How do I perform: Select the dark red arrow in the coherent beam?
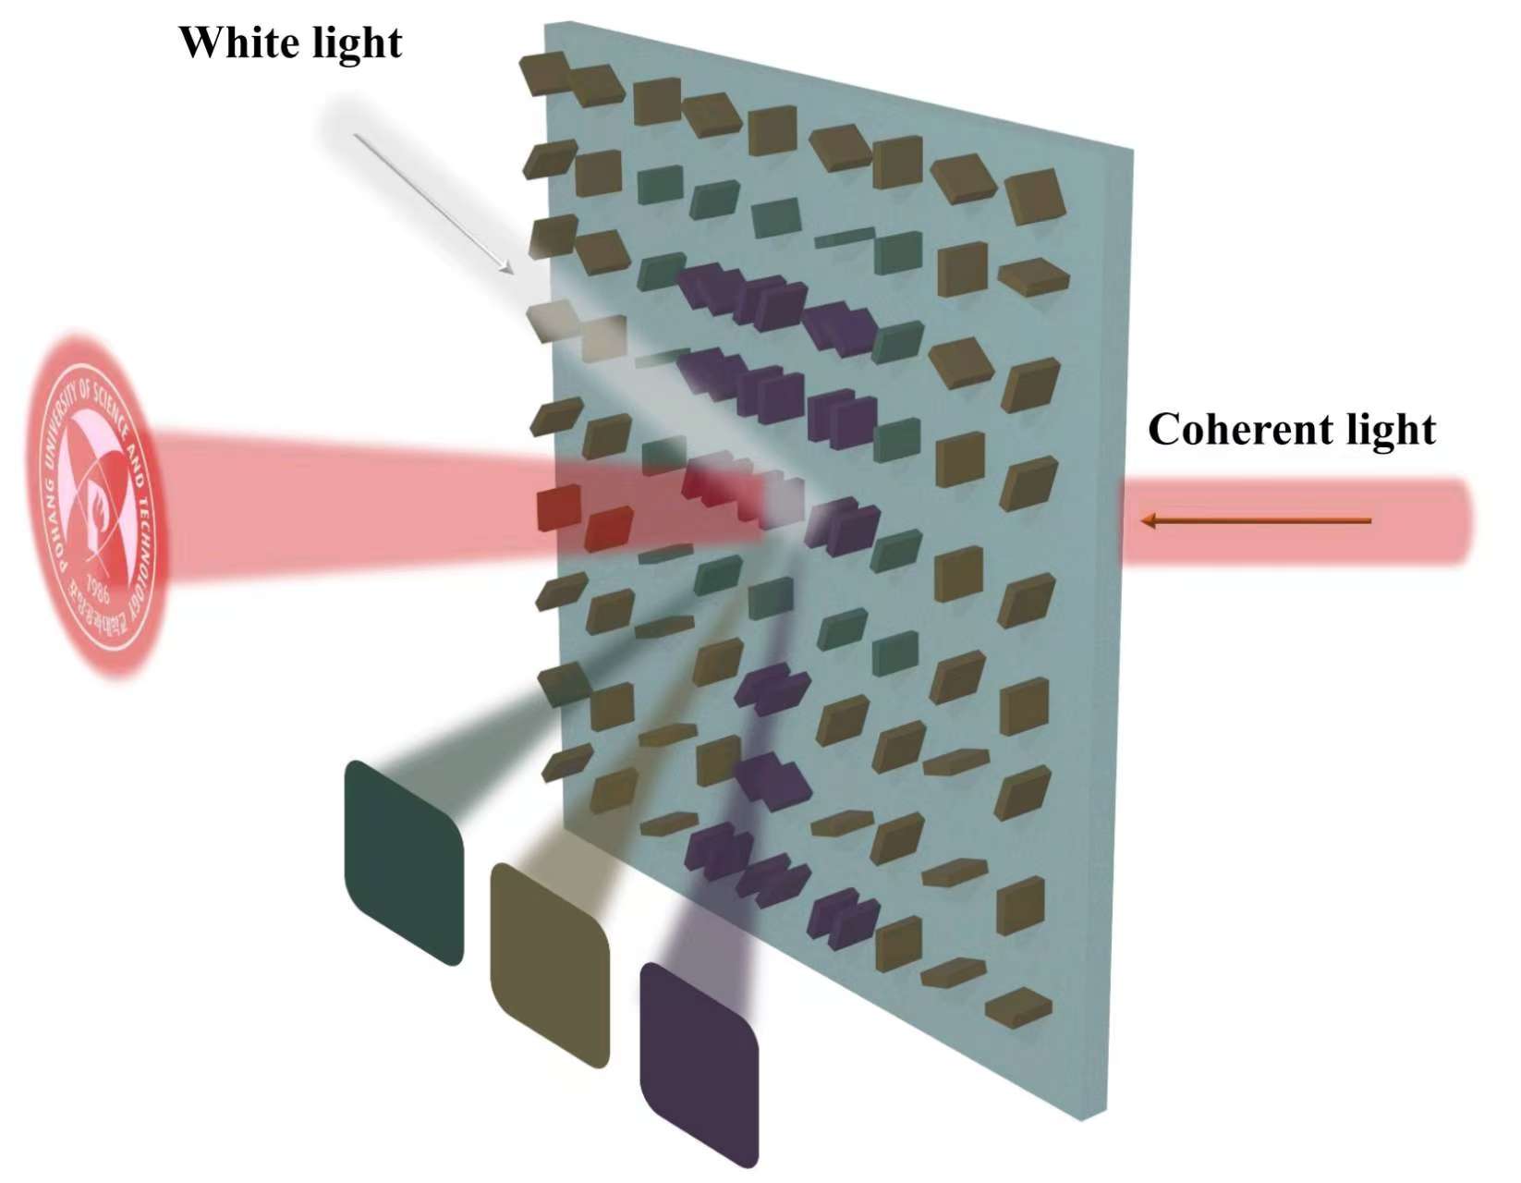pos(1257,521)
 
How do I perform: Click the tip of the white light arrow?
pos(510,272)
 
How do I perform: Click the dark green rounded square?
pos(403,862)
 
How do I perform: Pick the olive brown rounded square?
pos(550,964)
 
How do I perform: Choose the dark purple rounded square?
pos(700,1063)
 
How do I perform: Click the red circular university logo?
pos(98,505)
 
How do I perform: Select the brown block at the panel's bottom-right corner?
pos(1018,1006)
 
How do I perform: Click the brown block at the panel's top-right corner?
pos(1034,196)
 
